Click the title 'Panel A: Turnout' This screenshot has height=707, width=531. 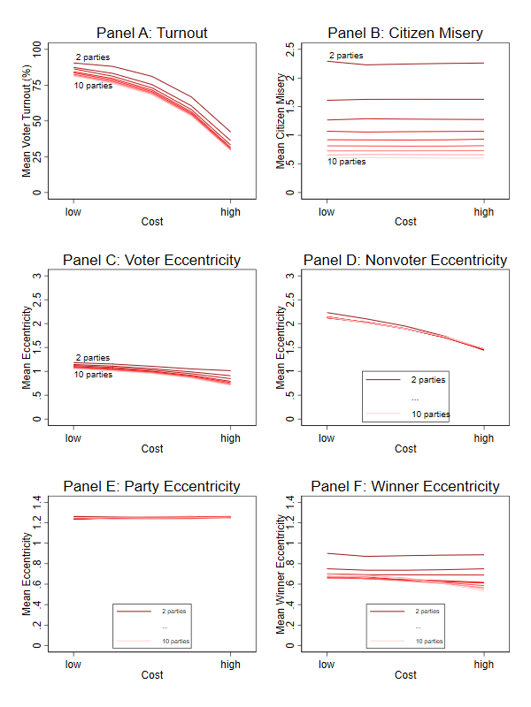tap(151, 33)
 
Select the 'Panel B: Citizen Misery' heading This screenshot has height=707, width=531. tap(405, 33)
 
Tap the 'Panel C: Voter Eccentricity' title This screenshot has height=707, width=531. tap(151, 260)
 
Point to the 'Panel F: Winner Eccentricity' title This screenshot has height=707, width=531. tap(405, 487)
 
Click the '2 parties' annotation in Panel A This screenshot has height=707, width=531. tap(93, 57)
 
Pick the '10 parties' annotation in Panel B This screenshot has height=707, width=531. tap(347, 162)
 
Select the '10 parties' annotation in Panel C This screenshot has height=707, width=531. tap(93, 375)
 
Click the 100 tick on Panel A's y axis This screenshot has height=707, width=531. tap(37, 49)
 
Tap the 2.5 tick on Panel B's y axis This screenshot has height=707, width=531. tap(290, 49)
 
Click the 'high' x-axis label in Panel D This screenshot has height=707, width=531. tap(483, 438)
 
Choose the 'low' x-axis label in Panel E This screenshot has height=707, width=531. tap(73, 665)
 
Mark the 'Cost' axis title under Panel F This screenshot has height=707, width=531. tap(405, 675)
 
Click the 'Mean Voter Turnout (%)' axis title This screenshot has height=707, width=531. tap(27, 121)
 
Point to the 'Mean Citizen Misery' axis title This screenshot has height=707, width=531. tap(281, 121)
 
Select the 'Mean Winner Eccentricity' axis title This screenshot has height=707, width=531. tap(281, 574)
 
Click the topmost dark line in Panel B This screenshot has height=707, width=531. tap(405, 64)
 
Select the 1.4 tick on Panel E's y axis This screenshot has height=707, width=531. tap(37, 501)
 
